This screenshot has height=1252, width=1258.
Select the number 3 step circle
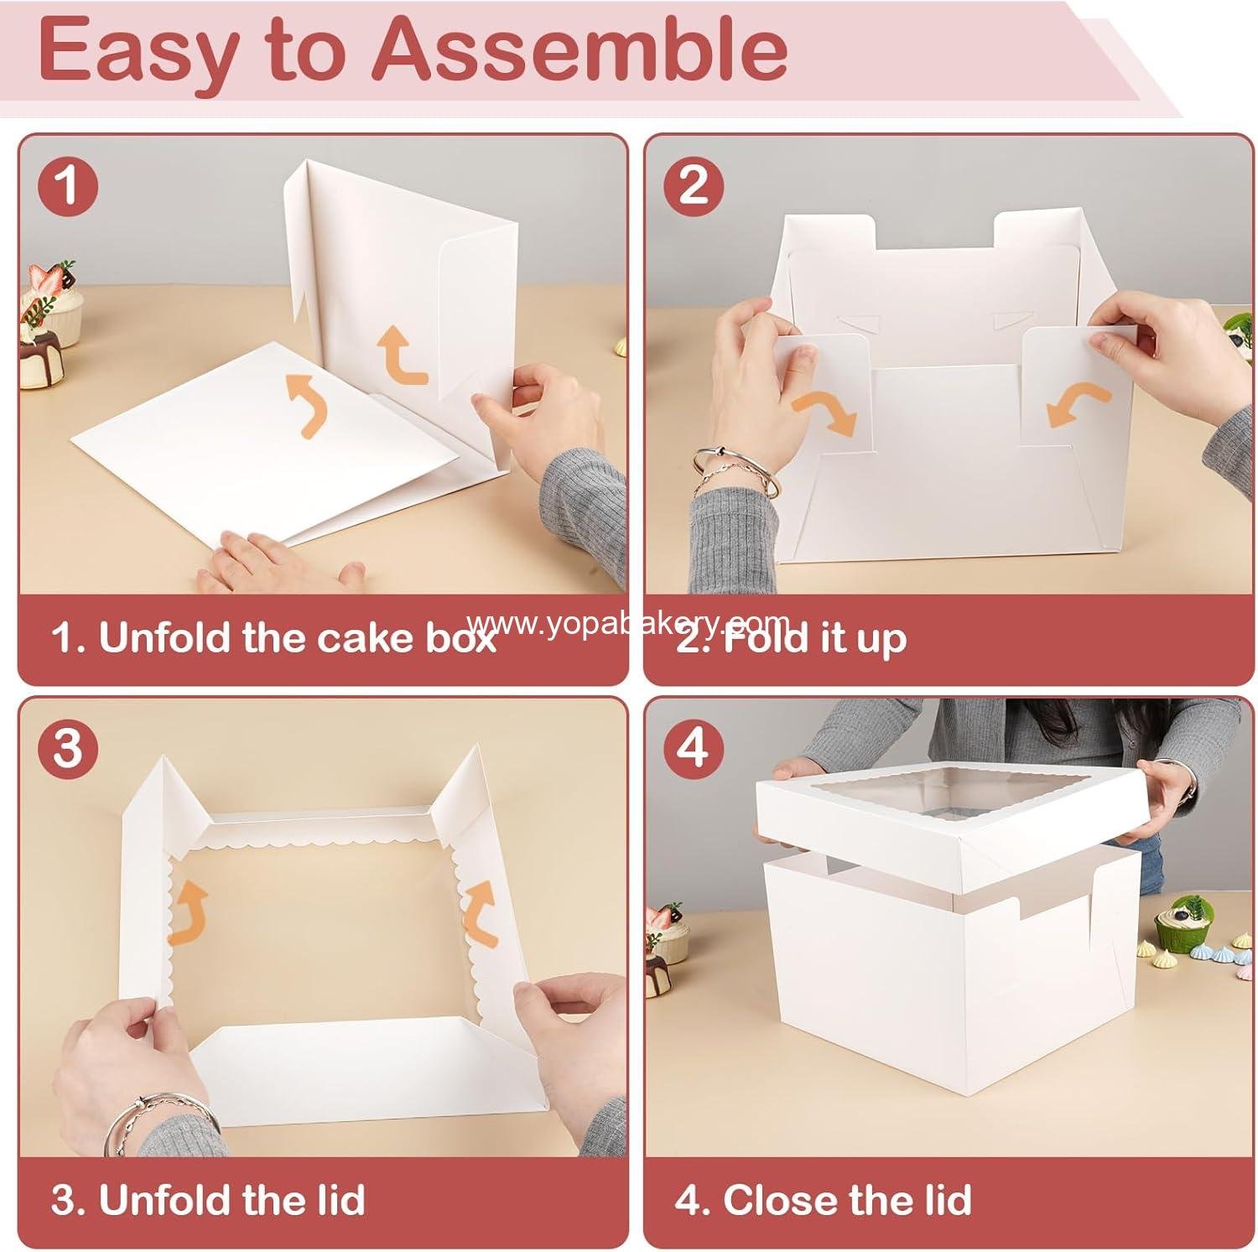[x=68, y=747]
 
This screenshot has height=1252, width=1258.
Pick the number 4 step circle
[x=693, y=747]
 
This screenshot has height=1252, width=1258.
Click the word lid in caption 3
[x=335, y=1199]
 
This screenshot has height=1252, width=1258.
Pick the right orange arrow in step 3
[x=481, y=910]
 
